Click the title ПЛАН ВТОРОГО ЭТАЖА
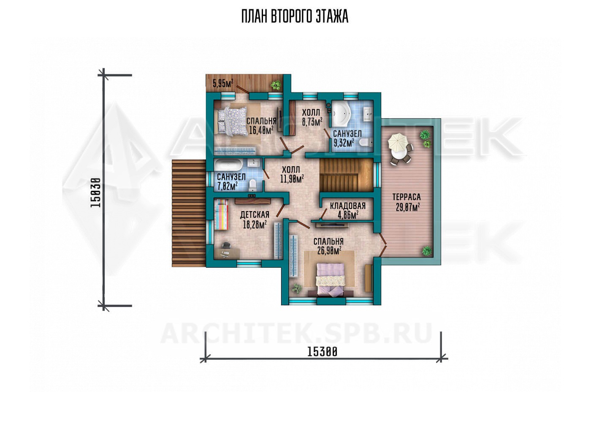coord(295,16)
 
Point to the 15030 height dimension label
coord(95,193)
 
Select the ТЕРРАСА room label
coord(407,197)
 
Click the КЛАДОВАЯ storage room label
coord(348,206)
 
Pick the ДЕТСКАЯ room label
coord(255,215)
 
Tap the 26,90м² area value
coord(329,250)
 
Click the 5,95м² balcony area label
coord(223,83)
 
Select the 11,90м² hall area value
coord(292,179)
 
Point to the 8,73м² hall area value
coord(312,122)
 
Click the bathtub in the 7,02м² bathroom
coord(228,166)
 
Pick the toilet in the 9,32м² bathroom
coord(366,142)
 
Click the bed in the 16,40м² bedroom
coord(232,121)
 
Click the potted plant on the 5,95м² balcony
coord(276,85)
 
